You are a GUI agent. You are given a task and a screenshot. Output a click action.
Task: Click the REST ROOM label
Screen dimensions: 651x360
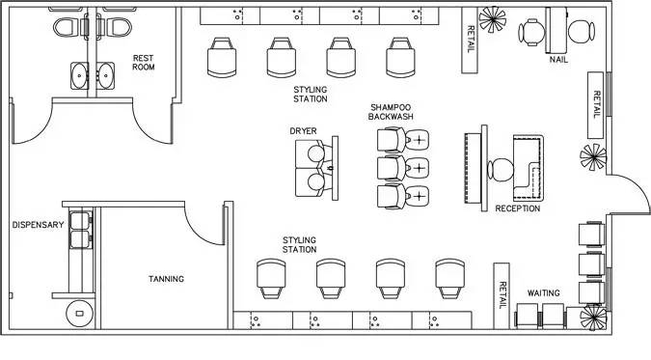144,63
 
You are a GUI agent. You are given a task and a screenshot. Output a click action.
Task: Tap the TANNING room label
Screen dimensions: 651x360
166,279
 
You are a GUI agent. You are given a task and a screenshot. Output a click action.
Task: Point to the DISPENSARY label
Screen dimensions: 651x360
38,225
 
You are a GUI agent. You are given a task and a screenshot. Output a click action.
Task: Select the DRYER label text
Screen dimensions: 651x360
303,131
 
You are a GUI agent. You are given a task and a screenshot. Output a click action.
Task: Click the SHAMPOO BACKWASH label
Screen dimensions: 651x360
391,112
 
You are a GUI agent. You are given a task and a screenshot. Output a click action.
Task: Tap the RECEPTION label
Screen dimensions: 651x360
518,208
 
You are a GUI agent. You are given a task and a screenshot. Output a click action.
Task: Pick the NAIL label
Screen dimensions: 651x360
558,60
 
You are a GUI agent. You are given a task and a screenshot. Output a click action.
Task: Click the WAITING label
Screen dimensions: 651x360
544,293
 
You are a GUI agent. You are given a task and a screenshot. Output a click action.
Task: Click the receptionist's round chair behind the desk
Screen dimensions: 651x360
501,170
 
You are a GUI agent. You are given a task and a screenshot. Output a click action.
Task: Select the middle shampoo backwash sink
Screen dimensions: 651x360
417,168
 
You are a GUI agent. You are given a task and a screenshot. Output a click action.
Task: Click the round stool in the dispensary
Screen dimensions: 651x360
80,313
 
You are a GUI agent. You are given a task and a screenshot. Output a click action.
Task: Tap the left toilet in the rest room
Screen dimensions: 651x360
67,27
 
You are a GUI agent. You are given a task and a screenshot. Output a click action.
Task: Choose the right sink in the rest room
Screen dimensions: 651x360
105,75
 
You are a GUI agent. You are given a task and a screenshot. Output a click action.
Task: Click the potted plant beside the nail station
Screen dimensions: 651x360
493,19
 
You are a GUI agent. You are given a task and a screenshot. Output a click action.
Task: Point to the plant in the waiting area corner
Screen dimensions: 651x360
593,318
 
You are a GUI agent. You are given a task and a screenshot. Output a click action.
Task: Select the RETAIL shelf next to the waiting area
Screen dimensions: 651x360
502,295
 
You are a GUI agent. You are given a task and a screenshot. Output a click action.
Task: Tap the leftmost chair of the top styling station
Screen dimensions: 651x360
222,57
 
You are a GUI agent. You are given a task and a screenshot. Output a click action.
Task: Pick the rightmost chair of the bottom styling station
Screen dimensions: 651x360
450,279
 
